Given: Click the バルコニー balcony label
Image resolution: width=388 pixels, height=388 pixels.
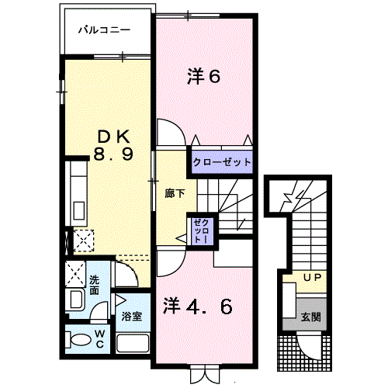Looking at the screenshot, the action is tap(104, 30).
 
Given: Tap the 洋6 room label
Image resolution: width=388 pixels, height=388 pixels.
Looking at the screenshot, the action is tap(203, 76).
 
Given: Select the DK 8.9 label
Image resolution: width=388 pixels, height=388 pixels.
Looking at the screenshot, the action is tap(113, 145).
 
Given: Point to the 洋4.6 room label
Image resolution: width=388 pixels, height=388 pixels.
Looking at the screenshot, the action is tap(198, 306).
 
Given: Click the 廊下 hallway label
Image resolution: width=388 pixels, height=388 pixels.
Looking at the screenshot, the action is tap(175, 193).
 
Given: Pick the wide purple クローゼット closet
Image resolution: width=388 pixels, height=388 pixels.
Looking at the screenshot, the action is tap(222, 162).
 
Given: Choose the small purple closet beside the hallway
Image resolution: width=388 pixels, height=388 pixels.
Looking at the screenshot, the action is tap(202, 231).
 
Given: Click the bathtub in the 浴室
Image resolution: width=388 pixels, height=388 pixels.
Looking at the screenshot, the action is tap(133, 344).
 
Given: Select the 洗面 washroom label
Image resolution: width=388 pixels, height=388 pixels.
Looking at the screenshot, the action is tap(95, 285).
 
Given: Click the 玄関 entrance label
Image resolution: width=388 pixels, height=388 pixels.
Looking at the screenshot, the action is tap(310, 317).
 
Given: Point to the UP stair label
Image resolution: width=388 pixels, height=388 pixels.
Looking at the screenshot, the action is tap(312, 278).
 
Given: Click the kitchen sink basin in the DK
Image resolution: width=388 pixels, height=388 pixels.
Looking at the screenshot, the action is tap(79, 210).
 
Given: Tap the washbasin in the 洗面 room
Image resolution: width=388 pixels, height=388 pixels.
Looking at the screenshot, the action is tap(76, 300).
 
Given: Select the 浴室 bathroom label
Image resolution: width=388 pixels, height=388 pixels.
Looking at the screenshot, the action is tap(132, 316).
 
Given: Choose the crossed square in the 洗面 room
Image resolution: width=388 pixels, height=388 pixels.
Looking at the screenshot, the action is tap(75, 274).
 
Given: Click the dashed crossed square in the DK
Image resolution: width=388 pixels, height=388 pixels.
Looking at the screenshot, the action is tap(84, 241).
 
